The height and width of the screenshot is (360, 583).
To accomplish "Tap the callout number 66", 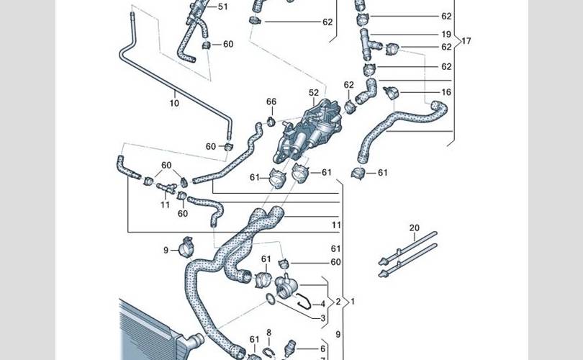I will (271, 102).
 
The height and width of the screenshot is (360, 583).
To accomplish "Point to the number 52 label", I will (314, 93).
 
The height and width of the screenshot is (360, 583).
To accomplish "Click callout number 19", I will (446, 35).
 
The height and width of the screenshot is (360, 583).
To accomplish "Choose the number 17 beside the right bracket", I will (466, 41).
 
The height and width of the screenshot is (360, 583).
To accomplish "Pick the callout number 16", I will (446, 93).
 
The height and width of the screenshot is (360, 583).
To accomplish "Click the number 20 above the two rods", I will (414, 228).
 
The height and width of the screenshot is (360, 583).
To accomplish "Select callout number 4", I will (322, 305).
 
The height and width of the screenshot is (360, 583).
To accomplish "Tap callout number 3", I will (322, 318).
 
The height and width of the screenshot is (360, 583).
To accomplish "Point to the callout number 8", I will (269, 333).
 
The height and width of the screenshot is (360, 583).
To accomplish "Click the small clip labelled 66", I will (270, 119).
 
